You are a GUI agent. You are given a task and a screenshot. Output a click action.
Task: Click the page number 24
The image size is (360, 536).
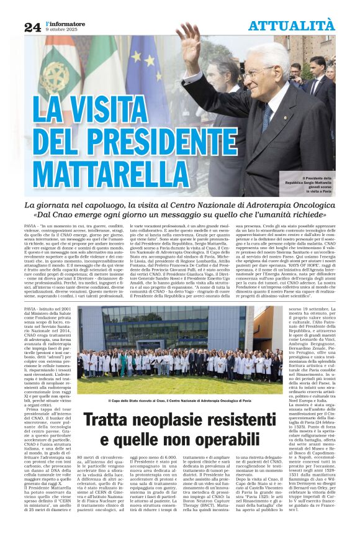coord(32,27)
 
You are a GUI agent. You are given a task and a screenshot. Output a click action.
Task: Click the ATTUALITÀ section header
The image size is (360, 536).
coord(292,25)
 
